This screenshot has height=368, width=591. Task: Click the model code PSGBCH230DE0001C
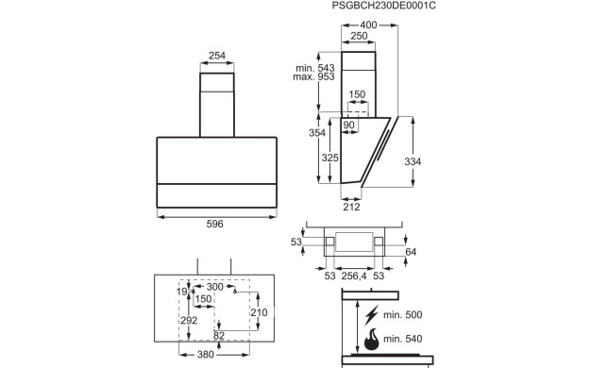[x=383, y=6]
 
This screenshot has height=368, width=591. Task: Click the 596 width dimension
[x=215, y=224]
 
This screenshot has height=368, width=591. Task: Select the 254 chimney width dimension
[x=217, y=56]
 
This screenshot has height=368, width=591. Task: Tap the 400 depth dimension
[x=368, y=25]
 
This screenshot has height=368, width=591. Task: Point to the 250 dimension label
[x=359, y=36]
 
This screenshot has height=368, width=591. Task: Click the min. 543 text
[x=315, y=68]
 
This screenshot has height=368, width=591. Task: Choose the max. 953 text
[x=313, y=76]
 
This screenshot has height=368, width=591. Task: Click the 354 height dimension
[x=317, y=133]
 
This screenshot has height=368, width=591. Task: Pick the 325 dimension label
[x=329, y=158]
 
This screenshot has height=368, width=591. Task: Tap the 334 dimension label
[x=413, y=161]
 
